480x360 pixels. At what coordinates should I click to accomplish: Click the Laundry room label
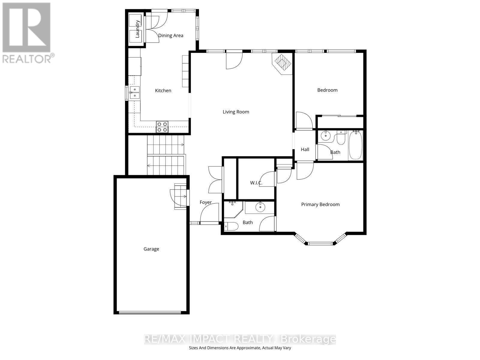point(138,29)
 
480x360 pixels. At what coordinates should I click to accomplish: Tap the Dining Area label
point(170,35)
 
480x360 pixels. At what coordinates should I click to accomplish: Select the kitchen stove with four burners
point(162,127)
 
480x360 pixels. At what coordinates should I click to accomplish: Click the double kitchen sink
point(135,92)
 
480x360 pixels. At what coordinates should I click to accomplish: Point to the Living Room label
point(236,112)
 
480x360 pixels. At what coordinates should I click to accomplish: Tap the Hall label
point(305,149)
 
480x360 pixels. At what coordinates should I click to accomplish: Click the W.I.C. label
point(256,183)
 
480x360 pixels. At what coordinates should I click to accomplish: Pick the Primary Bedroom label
point(320,205)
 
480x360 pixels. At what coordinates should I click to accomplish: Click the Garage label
point(151,249)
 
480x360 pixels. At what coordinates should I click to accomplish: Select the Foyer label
point(205,202)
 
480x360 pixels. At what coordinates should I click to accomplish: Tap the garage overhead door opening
point(150,313)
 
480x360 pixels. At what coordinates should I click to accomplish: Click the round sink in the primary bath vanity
point(260,207)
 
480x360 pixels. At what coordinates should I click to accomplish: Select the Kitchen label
point(163,91)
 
